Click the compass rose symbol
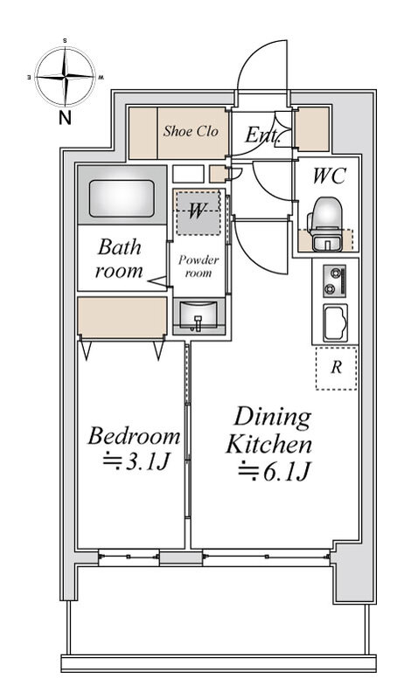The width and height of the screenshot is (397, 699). pos(65,77)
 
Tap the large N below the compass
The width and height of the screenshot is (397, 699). pos(65,118)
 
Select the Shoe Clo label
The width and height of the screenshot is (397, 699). pos(191,131)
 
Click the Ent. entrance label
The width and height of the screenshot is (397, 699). pos(261,135)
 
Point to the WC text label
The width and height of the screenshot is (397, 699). pos(329,176)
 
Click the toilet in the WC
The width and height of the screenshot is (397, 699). pos(325,225)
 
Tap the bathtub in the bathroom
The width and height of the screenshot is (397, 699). pos(122,198)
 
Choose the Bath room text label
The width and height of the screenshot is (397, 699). pos(119,259)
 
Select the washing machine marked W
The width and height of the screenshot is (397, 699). pos(198,212)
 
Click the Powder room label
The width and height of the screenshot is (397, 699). pos(198,266)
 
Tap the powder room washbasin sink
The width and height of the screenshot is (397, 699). pos(198,316)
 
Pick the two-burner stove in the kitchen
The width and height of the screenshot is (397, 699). pos(335,281)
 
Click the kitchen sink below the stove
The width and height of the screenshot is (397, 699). pos(336,322)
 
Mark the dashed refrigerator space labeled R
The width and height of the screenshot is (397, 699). pos(337,368)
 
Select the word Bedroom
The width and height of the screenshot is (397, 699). pos(135,436)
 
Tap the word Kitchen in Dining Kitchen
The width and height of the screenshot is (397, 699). pos(268,445)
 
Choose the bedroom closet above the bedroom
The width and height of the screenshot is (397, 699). pos(122,317)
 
